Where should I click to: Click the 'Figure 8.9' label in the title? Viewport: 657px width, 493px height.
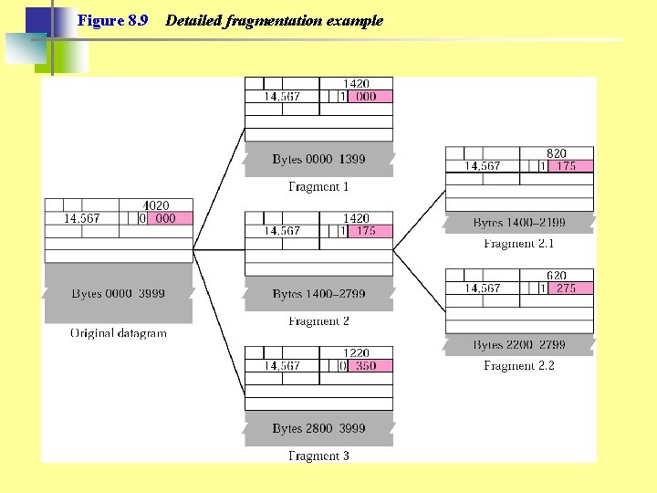(x=113, y=20)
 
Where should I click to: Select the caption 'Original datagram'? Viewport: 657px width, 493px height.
(x=119, y=333)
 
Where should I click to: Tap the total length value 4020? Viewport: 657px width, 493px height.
(x=156, y=206)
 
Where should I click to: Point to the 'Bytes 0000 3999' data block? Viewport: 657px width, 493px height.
(x=119, y=294)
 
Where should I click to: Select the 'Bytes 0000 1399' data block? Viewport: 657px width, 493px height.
(x=318, y=159)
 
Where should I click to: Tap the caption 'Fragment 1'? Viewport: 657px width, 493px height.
(x=318, y=187)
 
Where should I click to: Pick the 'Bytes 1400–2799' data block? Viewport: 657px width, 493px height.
(x=318, y=294)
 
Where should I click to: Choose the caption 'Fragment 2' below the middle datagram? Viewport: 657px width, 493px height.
(x=318, y=321)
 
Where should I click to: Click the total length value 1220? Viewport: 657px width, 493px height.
(x=356, y=353)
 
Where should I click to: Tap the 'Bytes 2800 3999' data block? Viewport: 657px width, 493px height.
(x=318, y=428)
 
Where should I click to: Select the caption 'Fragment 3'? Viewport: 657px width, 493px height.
(x=318, y=456)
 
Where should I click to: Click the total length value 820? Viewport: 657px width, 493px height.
(x=557, y=154)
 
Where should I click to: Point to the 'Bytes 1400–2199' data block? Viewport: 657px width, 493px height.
(x=519, y=223)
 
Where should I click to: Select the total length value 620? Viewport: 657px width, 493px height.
(x=557, y=276)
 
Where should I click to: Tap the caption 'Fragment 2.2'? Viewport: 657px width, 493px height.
(x=519, y=366)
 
